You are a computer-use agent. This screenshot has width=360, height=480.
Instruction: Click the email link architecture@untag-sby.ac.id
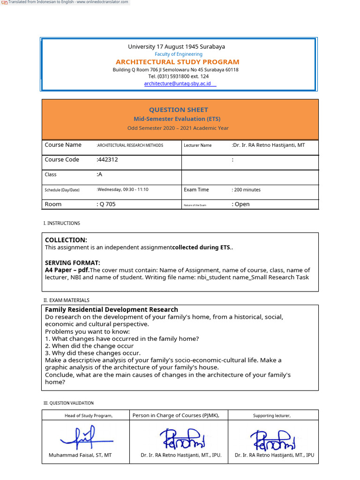[x=177, y=83]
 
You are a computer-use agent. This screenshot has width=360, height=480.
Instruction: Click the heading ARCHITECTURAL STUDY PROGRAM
[x=177, y=62]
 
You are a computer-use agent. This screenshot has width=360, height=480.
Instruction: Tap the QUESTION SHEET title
[x=178, y=110]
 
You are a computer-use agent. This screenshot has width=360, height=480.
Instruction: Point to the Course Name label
[x=63, y=145]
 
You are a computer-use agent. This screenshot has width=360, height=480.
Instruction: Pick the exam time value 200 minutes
[x=247, y=190]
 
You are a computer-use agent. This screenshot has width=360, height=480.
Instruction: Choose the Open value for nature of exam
[x=242, y=204]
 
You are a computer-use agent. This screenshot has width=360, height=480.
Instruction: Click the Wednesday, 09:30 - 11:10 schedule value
[x=123, y=189]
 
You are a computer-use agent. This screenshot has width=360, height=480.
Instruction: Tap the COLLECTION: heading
[x=66, y=240]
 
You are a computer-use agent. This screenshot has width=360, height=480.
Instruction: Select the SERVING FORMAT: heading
[x=73, y=262]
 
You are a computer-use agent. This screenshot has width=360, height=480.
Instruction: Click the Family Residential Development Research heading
[x=111, y=309]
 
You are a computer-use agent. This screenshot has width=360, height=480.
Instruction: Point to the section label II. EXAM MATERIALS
[x=66, y=300]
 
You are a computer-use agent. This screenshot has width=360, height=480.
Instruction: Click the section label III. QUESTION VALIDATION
[x=68, y=403]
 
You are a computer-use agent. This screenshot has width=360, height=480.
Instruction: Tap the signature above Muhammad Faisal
[x=86, y=437]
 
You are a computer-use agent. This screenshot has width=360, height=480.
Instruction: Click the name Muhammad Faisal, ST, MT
[x=80, y=455]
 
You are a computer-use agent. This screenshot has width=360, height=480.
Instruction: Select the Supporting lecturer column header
[x=272, y=415]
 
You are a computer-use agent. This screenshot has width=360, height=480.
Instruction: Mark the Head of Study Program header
[x=89, y=415]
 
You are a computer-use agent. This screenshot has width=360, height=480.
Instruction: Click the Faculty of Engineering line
[x=179, y=54]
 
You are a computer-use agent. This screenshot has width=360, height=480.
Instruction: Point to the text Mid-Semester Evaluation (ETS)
[x=177, y=119]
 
